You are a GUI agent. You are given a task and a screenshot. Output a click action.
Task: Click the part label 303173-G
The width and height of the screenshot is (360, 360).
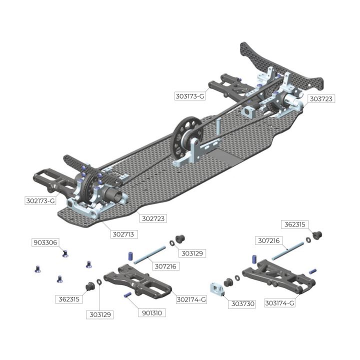pos(189,96)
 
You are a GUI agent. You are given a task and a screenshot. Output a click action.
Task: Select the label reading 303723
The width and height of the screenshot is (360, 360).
pos(321,99)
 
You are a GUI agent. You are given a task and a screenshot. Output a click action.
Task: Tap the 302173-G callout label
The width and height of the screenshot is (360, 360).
pos(40,201)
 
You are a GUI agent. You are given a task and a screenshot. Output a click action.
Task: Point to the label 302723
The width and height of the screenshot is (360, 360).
pos(153,218)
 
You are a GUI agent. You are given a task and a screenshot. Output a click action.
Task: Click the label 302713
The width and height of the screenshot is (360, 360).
pos(124,234)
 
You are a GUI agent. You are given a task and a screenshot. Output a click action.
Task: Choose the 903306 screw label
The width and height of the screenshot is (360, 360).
pos(45,242)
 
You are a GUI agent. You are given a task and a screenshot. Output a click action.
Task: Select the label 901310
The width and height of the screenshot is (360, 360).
pos(152,313)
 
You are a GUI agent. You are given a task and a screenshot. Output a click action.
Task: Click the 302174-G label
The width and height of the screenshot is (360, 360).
pos(191,299)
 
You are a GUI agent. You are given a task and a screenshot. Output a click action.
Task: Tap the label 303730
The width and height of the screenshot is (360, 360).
pos(242,304)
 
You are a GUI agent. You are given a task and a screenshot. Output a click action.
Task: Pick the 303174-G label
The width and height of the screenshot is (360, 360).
pos(279,303)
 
